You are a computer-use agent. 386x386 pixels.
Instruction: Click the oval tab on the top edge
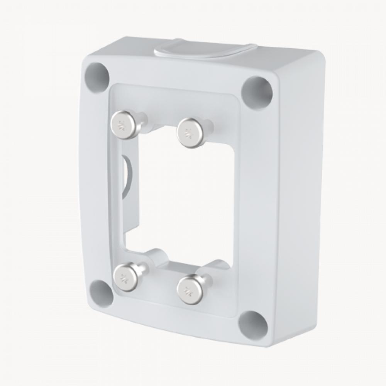[x=205, y=51]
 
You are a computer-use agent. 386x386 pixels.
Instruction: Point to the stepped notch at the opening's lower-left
[x=129, y=239]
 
